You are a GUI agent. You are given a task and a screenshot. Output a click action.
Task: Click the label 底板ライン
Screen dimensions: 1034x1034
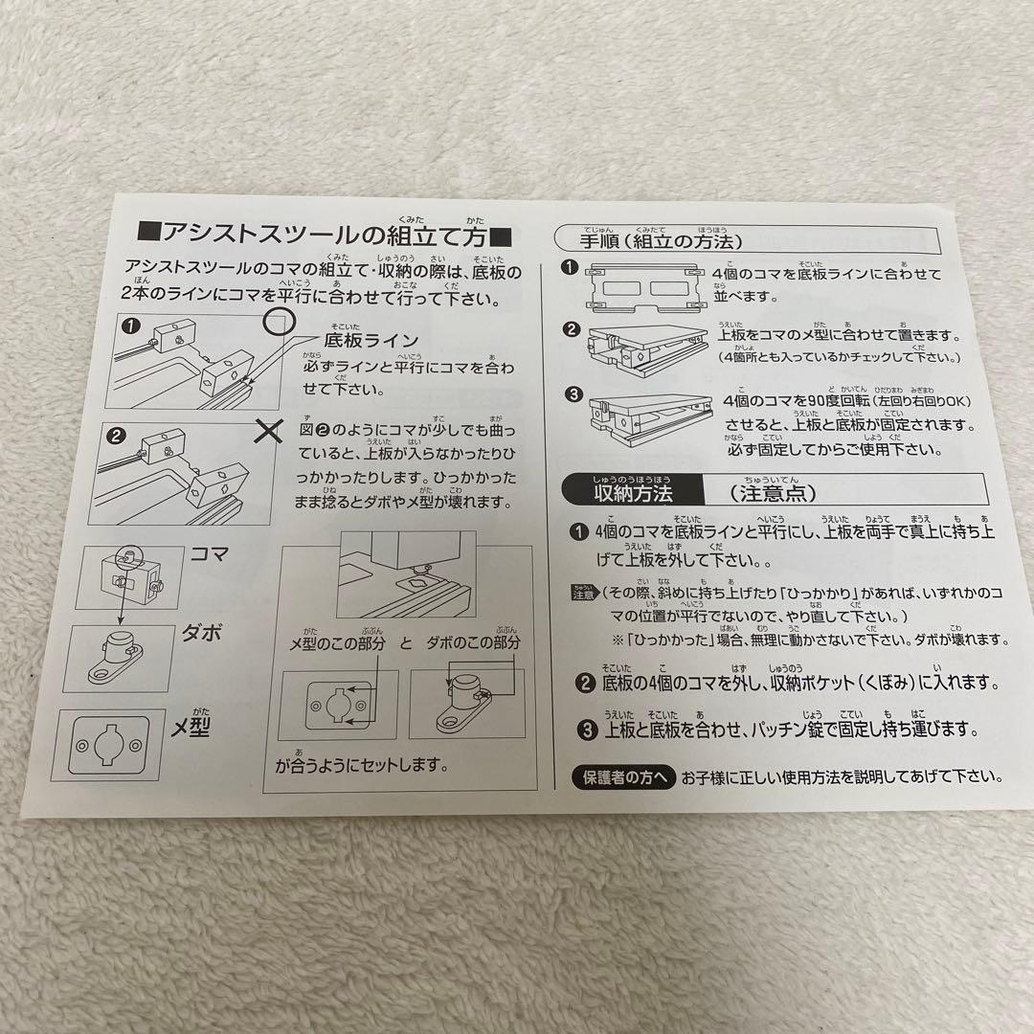click(x=371, y=341)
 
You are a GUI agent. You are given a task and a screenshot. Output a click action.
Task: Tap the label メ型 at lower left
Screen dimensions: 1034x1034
click(x=192, y=728)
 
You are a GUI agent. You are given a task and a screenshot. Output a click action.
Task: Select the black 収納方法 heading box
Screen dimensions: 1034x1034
click(x=633, y=494)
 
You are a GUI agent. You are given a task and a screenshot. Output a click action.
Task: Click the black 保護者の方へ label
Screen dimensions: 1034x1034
click(x=623, y=776)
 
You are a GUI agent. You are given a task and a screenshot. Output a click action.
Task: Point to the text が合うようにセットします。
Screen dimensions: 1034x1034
click(x=362, y=766)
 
